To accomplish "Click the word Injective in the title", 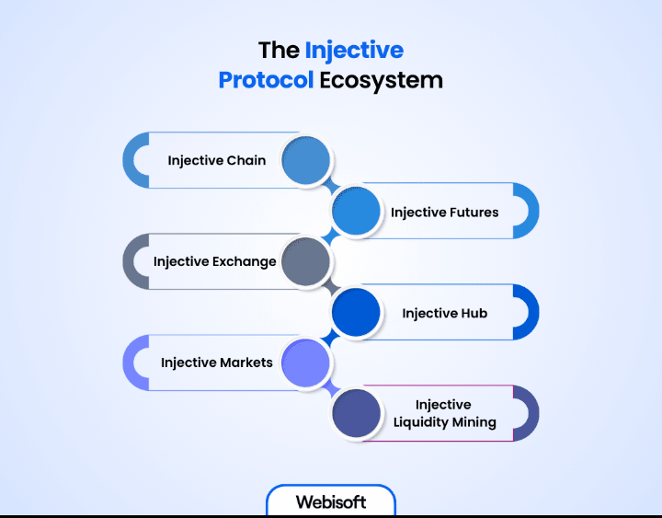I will [354, 49].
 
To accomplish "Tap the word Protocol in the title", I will [266, 80].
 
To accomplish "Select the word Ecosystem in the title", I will [382, 80].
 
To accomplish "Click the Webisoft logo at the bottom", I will [331, 502].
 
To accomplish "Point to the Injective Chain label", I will [217, 160].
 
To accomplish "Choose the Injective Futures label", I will [444, 212].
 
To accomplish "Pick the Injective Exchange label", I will [215, 261].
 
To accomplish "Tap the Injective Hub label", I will [444, 313].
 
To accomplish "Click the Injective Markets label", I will [217, 363].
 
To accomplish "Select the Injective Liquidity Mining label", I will [444, 413].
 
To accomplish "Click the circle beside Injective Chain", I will [306, 160].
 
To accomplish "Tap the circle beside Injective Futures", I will [356, 212].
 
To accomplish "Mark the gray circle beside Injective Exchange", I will [306, 262].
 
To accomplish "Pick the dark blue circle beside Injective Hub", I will [356, 313].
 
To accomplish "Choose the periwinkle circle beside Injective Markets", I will [306, 363].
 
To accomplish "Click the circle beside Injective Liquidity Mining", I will [356, 413].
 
